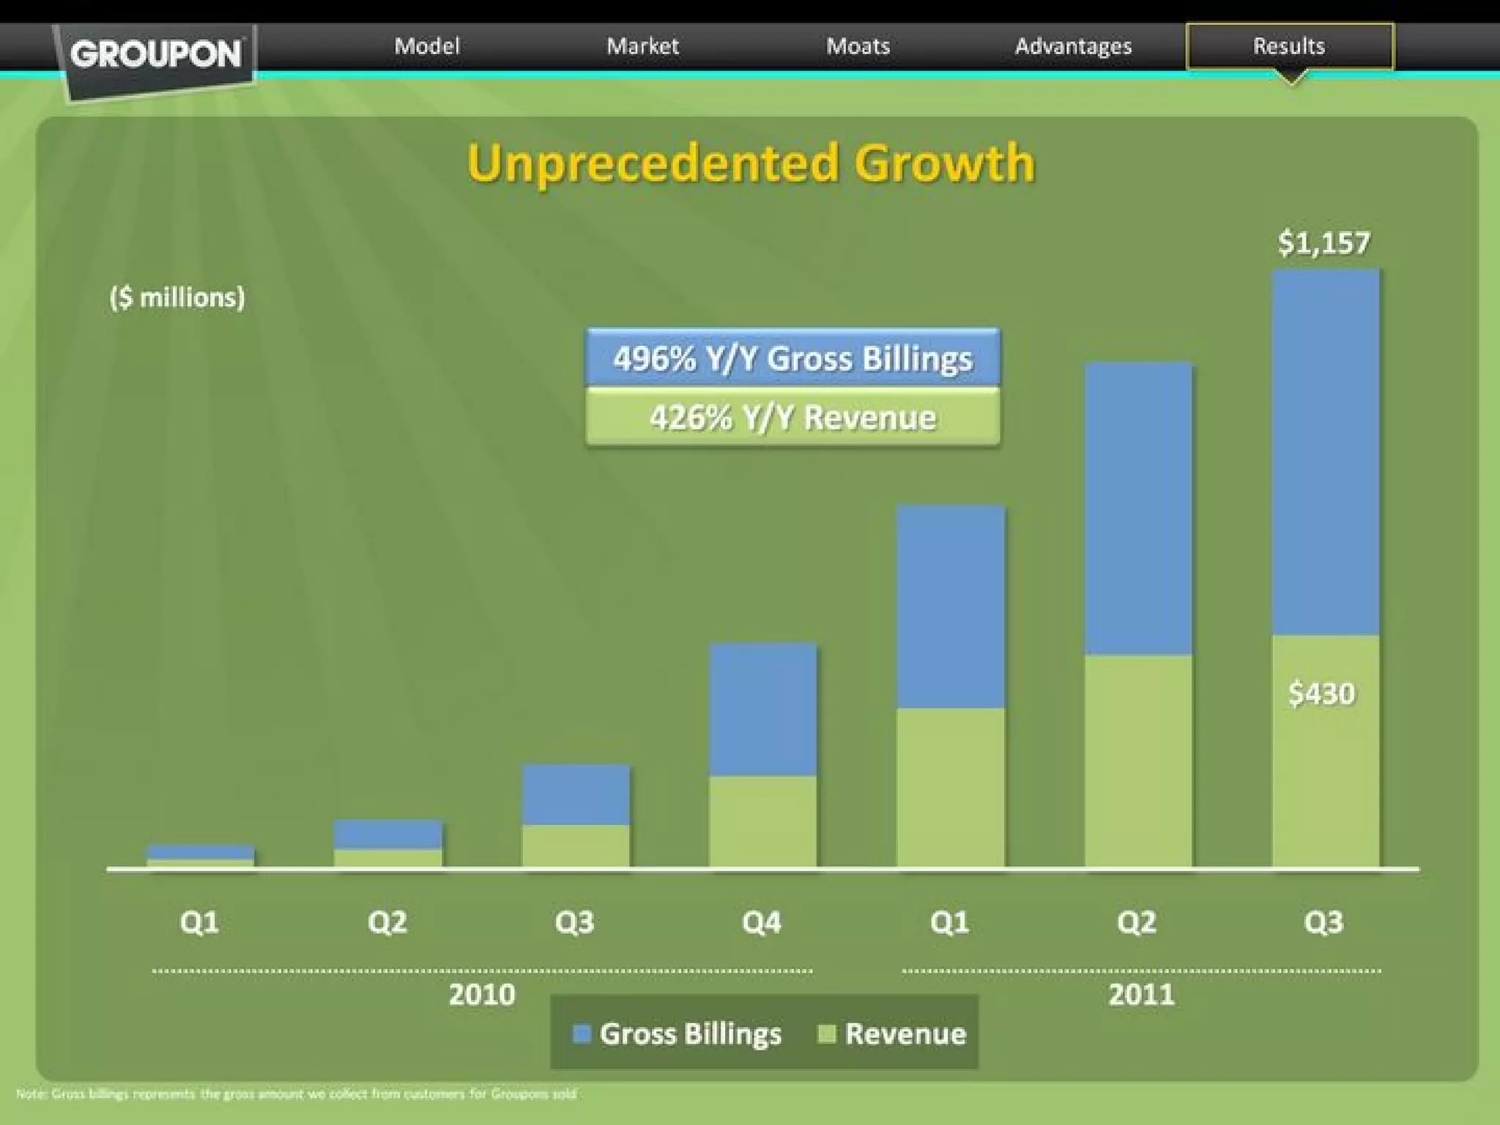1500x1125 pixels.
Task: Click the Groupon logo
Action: click(156, 56)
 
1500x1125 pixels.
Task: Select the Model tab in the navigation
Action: click(427, 46)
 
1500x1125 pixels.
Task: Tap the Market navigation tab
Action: click(642, 46)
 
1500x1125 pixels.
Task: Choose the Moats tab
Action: click(858, 46)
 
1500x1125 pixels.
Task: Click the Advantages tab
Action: click(1073, 46)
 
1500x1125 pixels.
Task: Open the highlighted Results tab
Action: click(1289, 46)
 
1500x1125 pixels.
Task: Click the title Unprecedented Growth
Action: click(751, 163)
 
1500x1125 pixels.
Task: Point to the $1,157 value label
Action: click(1323, 243)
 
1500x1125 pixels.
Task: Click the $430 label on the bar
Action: click(1322, 694)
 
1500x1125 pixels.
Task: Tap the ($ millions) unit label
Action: click(177, 297)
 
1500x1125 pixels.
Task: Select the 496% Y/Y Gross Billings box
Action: click(792, 358)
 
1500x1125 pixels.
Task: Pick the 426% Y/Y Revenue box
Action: click(792, 417)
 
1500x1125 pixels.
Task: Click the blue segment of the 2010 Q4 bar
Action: click(762, 709)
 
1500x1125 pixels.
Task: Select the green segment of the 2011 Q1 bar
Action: click(951, 787)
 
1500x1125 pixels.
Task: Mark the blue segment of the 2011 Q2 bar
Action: click(1138, 508)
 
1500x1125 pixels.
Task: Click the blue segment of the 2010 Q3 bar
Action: click(575, 795)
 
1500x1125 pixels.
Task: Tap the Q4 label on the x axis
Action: click(762, 922)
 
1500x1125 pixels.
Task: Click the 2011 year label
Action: click(1141, 995)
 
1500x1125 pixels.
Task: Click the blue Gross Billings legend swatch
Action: click(582, 1034)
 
